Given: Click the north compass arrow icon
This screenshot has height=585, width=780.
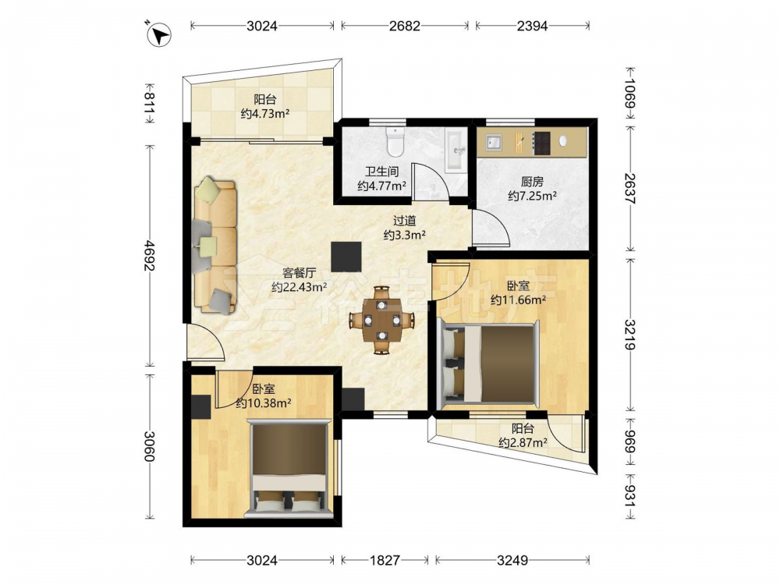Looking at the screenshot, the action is pos(160,35).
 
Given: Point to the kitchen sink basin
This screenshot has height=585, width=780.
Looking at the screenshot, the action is pos(494,143).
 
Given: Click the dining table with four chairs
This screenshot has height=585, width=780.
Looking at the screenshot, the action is pos(381,321).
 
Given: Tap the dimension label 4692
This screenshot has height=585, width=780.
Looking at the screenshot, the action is pos(148,256).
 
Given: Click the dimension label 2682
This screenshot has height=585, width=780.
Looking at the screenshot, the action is pos(404,26).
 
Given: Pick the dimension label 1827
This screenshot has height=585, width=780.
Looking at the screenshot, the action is pos(385,561).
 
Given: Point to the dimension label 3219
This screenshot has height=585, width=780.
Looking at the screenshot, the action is pos(629,335).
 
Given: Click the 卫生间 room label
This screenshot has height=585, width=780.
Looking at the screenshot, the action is pos(382,172).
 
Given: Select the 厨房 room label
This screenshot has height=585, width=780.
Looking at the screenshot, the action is pos(532,182).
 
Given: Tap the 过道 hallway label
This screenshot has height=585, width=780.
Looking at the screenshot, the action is pos(404,221).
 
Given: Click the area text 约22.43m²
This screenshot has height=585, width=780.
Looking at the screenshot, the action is pos(299,287).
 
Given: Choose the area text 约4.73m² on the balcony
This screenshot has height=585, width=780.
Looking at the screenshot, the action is pos(265,114).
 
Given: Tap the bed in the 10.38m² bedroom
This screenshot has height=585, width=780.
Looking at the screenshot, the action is pos(290,466).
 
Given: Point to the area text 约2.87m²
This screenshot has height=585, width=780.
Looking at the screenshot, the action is pos(523,442).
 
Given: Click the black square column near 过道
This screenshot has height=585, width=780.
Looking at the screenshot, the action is pos(347,257).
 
